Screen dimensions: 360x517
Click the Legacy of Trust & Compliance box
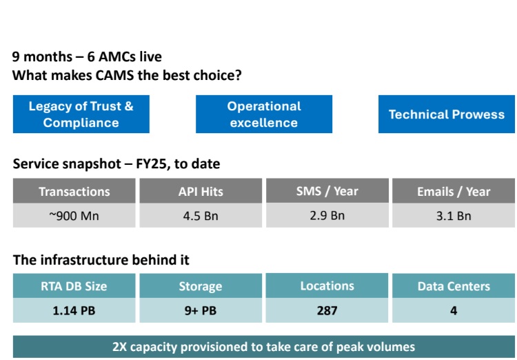81,114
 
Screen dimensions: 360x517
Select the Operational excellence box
264,114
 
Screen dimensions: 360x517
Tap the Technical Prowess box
446,114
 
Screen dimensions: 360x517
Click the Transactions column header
74,192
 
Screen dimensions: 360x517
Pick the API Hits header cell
201,192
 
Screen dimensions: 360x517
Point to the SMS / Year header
327,191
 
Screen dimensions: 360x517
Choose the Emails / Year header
454,192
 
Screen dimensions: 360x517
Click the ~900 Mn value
74,216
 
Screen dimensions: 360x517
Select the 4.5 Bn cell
201,216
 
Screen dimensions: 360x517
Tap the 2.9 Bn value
327,215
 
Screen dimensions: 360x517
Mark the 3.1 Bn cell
454,216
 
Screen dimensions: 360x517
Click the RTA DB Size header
74,286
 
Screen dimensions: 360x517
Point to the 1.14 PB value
74,310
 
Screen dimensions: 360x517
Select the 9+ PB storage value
201,310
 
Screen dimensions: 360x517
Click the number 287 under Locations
327,310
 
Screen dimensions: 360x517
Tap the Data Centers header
454,286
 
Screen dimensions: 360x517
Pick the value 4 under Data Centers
454,310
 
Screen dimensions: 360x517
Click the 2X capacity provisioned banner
264,347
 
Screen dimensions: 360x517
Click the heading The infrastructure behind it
101,260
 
